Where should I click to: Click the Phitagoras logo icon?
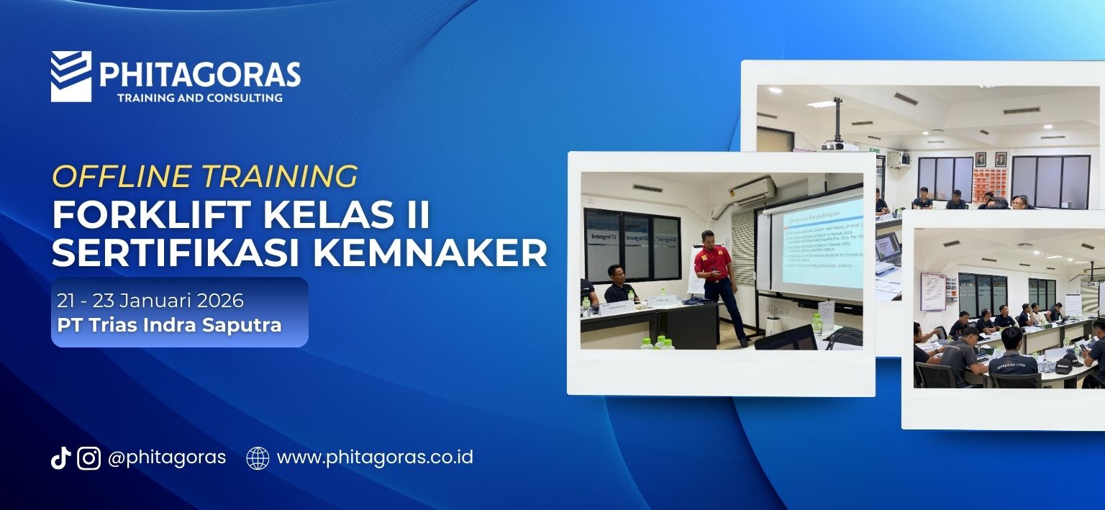tap(71, 76)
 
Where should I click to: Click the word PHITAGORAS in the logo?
tap(200, 74)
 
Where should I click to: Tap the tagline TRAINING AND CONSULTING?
tap(199, 97)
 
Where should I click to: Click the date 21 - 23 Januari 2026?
tap(150, 300)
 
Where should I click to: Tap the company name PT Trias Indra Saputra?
tap(169, 324)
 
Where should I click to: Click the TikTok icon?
tap(60, 457)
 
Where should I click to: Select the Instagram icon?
tap(88, 457)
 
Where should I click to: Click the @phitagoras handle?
tap(166, 457)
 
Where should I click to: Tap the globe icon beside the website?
tap(258, 457)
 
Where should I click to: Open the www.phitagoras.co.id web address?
tap(374, 457)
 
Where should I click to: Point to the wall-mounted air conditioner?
tap(752, 191)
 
